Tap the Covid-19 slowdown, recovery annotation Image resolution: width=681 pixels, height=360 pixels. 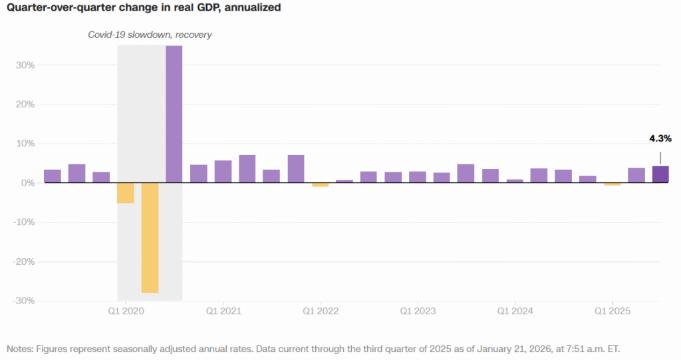click(150, 35)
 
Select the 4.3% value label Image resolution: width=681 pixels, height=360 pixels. click(660, 138)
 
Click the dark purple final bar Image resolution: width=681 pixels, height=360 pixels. click(660, 174)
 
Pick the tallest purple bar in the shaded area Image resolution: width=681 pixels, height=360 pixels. click(174, 113)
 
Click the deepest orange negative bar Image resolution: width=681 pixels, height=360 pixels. click(150, 238)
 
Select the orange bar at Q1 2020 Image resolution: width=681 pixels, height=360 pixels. click(126, 193)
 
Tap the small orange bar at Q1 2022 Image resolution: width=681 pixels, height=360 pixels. click(321, 185)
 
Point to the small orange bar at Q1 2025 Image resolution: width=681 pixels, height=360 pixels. click(612, 184)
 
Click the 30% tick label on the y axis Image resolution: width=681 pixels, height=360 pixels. click(25, 65)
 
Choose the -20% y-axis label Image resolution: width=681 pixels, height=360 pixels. click(23, 262)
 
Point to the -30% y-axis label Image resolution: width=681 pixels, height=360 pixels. click(23, 301)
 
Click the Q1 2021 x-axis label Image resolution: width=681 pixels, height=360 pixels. click(223, 311)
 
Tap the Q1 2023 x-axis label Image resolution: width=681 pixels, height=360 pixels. click(418, 311)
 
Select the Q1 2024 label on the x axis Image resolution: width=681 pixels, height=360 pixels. click(515, 311)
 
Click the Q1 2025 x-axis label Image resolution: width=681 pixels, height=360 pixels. click(613, 311)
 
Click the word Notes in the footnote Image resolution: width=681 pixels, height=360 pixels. click(20, 349)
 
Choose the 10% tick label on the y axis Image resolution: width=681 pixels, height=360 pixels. click(25, 144)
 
